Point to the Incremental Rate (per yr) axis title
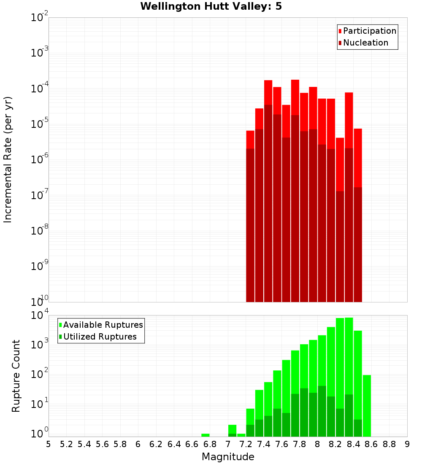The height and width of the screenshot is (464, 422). click(8, 159)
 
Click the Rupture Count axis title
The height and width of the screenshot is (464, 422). click(16, 376)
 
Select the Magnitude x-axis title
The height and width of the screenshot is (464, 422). click(228, 457)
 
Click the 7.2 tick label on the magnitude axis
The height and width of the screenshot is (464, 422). click(246, 444)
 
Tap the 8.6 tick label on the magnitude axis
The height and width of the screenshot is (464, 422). click(371, 444)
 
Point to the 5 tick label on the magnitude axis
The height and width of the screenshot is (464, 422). click(49, 444)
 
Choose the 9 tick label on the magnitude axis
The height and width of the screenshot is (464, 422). click(407, 444)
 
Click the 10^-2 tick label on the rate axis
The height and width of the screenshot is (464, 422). click(40, 18)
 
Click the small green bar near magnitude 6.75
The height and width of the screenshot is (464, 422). click(206, 435)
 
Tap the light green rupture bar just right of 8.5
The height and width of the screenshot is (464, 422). click(367, 405)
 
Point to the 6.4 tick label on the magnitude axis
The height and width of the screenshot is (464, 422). click(174, 444)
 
